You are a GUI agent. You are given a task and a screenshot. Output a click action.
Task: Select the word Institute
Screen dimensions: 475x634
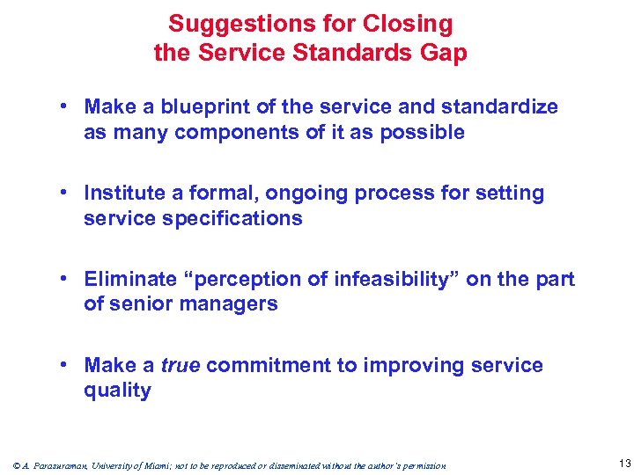pyautogui.click(x=124, y=193)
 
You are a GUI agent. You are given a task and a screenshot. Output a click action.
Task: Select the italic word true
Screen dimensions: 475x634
pyautogui.click(x=181, y=365)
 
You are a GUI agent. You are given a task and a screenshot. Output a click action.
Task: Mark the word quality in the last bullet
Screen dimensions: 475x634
pyautogui.click(x=117, y=390)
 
